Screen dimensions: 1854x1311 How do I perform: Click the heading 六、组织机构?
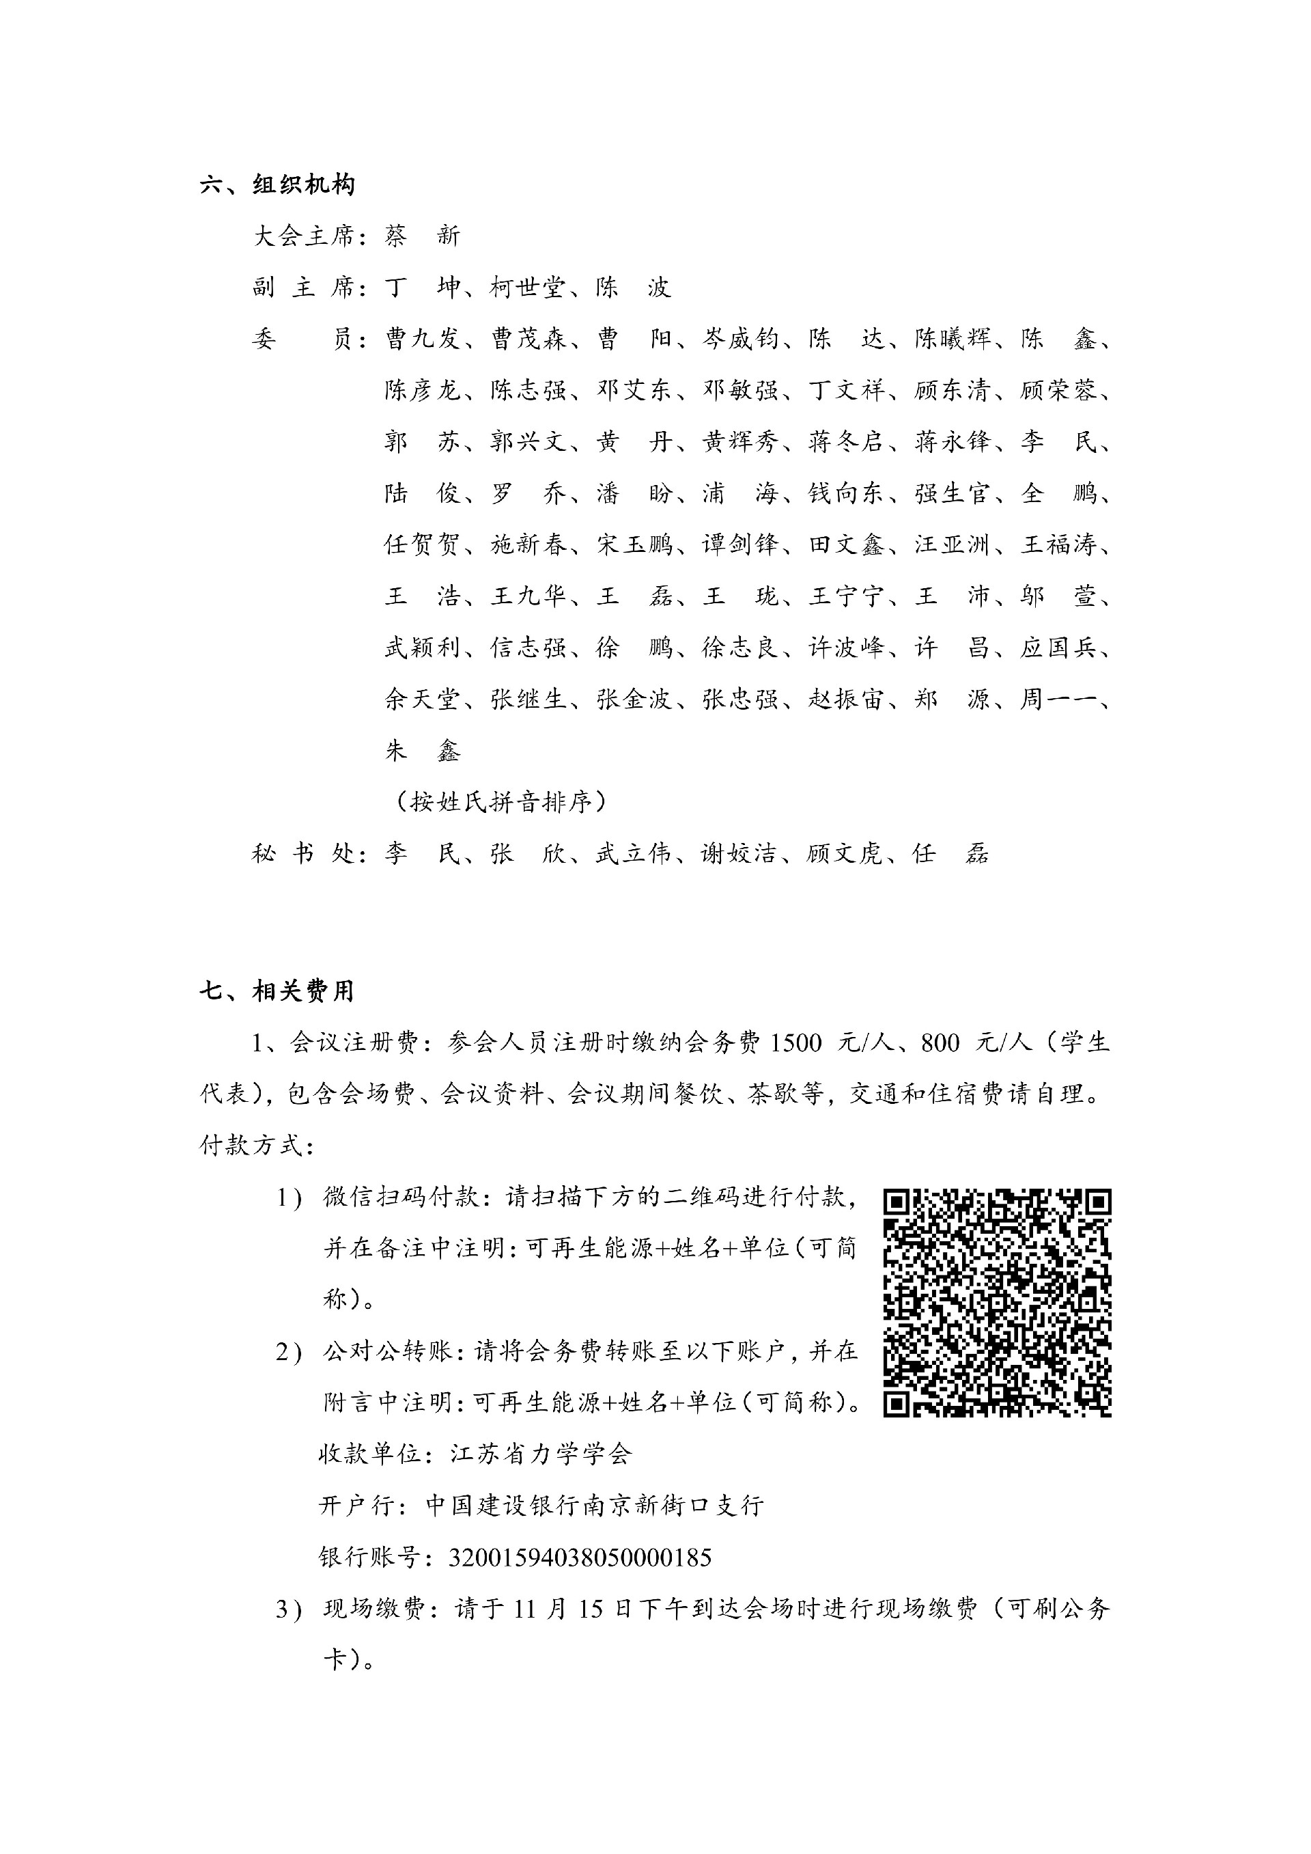pyautogui.click(x=277, y=185)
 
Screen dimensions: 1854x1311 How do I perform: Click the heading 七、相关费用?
pyautogui.click(x=277, y=991)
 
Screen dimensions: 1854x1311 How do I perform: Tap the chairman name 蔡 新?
pyautogui.click(x=421, y=236)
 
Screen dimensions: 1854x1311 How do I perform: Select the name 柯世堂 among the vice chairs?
pyautogui.click(x=526, y=288)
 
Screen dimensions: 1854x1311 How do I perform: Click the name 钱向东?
pyautogui.click(x=845, y=493)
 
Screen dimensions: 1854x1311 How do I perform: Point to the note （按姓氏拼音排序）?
pyautogui.click(x=501, y=802)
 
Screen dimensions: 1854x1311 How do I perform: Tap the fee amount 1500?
pyautogui.click(x=796, y=1043)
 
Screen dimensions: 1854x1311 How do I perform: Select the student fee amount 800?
pyautogui.click(x=940, y=1043)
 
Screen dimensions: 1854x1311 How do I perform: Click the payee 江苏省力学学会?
pyautogui.click(x=540, y=1454)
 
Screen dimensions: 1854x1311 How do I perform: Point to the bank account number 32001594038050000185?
pyautogui.click(x=579, y=1557)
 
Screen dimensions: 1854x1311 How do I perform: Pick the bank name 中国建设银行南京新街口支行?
pyautogui.click(x=594, y=1505)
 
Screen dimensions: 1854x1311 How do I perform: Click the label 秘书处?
pyautogui.click(x=304, y=853)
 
